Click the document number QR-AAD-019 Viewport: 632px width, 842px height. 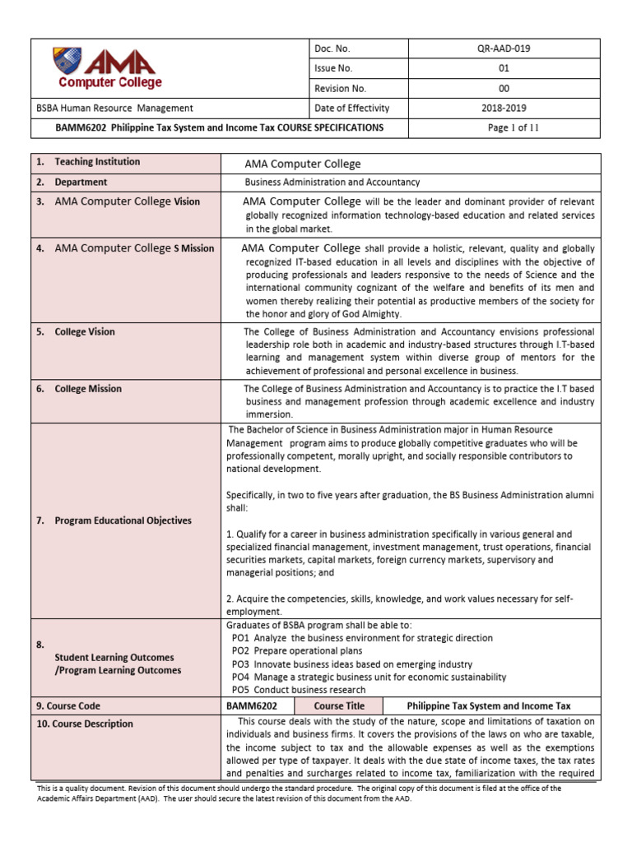point(504,49)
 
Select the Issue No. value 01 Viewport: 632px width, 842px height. point(504,69)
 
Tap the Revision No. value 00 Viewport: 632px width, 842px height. point(504,89)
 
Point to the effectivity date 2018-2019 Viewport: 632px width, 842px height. point(504,108)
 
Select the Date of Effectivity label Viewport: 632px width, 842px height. point(352,108)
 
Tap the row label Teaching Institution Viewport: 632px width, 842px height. point(97,162)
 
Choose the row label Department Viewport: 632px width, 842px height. point(81,182)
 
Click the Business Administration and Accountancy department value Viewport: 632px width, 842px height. point(332,182)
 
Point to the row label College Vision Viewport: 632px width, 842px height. point(85,331)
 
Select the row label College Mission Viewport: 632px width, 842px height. point(88,389)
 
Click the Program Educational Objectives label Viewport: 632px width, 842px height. point(123,520)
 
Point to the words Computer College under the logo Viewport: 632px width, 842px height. point(109,82)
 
